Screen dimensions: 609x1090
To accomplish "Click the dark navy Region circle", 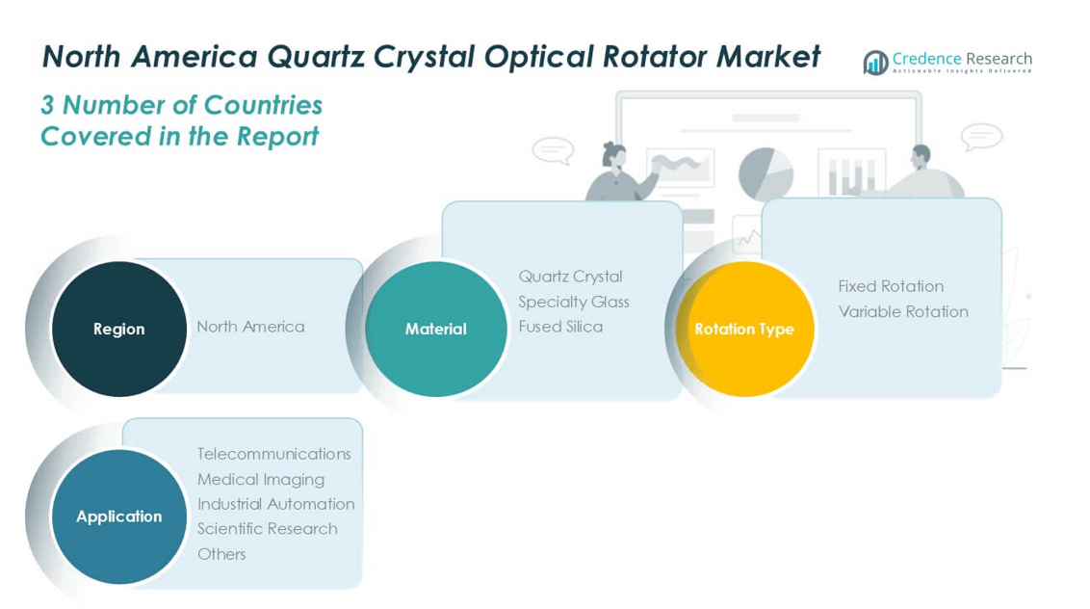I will (118, 329).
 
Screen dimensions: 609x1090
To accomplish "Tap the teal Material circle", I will (435, 329).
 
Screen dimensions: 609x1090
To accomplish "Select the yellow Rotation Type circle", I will (744, 329).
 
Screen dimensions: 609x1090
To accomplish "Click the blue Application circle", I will (118, 516).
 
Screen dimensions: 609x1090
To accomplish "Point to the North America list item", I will (250, 327).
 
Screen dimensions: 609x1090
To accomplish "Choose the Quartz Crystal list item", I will (570, 277).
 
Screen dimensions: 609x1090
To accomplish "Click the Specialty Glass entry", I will (573, 302).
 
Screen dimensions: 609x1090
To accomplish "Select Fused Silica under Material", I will (560, 327).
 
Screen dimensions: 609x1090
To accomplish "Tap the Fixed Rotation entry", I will (890, 286).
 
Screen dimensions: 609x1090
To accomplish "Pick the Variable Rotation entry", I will (902, 311).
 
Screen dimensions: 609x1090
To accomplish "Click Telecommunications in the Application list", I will (273, 454).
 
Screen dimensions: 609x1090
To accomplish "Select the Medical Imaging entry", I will (260, 479).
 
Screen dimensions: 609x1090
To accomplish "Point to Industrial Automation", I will (275, 504).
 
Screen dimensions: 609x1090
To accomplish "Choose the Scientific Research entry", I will (267, 529).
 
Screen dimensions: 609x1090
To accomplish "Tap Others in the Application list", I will (221, 554).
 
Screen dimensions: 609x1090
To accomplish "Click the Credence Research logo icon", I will (875, 63).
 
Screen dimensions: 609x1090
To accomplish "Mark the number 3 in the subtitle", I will (48, 105).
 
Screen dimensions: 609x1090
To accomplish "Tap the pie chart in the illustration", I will (766, 173).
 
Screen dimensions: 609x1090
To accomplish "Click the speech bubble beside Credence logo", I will (980, 137).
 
